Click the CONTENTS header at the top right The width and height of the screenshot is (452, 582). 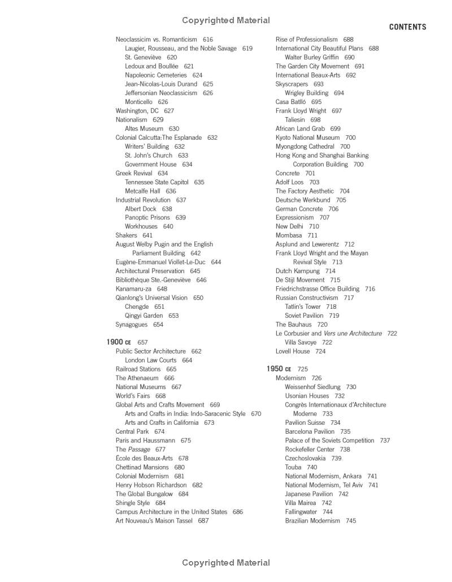(x=407, y=27)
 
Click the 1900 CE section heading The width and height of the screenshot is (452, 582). (x=119, y=342)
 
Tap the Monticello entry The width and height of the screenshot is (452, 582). (x=138, y=102)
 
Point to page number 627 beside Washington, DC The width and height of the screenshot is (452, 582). (x=169, y=111)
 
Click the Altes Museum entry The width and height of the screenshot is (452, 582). (x=144, y=128)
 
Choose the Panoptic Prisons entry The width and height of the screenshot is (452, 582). (x=147, y=217)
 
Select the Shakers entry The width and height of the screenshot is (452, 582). (x=127, y=235)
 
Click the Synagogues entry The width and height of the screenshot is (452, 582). (x=132, y=325)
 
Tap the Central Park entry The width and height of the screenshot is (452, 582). (x=132, y=432)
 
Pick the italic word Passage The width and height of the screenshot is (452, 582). (x=139, y=450)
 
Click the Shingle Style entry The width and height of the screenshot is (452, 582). (x=133, y=503)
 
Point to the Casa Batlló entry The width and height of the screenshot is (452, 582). (x=290, y=102)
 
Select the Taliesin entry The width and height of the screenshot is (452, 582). (x=295, y=120)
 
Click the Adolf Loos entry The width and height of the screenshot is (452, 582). (x=290, y=182)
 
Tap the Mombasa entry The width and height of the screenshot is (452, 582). (x=289, y=235)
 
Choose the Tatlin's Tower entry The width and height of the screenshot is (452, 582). (x=303, y=307)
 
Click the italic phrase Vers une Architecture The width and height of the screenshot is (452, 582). (x=353, y=334)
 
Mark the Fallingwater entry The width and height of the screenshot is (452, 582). (x=301, y=512)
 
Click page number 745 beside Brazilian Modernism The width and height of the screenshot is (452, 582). (x=351, y=521)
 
